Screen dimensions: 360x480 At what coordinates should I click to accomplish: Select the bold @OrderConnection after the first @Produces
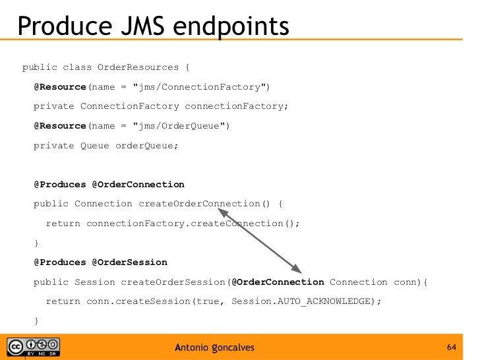(x=138, y=184)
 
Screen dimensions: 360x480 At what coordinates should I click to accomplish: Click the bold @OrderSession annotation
(x=129, y=262)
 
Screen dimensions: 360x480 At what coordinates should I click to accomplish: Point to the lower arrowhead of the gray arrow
(x=297, y=270)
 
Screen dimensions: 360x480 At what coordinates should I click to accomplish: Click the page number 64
(x=452, y=347)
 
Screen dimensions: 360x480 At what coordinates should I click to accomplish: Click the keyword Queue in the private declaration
(x=94, y=145)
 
